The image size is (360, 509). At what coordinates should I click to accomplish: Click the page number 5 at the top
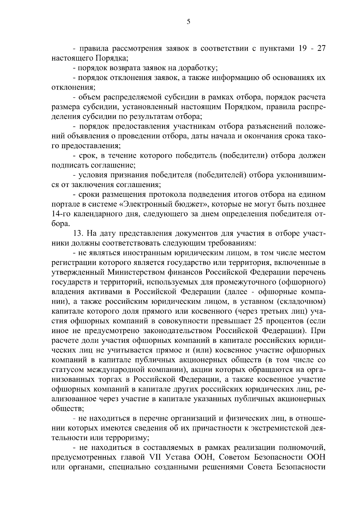click(x=188, y=22)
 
